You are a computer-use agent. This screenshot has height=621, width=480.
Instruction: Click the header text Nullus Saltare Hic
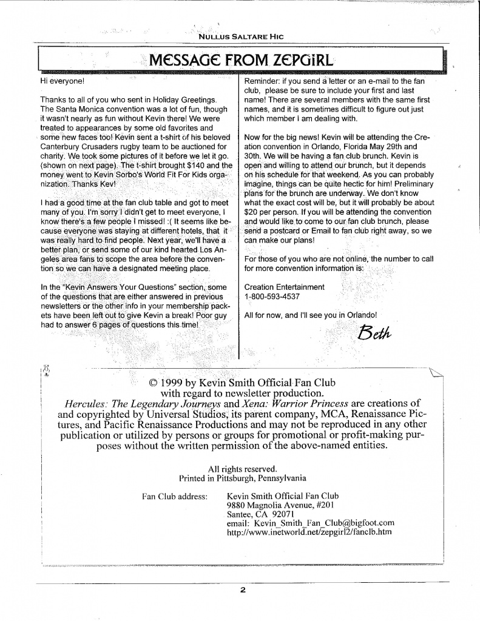click(241, 36)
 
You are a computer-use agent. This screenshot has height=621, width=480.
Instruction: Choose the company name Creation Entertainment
click(284, 287)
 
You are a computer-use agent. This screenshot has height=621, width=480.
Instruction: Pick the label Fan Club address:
click(174, 496)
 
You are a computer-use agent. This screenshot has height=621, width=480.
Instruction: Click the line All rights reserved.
click(242, 468)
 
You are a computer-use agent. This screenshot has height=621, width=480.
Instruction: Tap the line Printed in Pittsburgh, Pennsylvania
click(242, 477)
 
